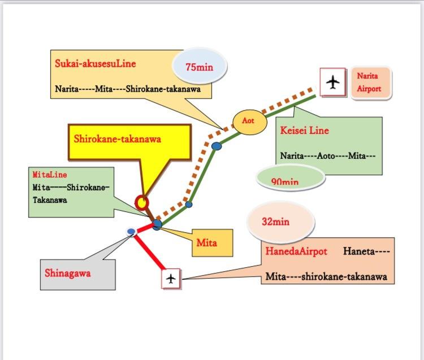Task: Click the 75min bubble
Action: [x=199, y=67]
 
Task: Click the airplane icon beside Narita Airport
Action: [x=334, y=83]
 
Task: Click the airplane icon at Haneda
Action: [x=171, y=278]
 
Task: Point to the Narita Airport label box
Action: [x=369, y=83]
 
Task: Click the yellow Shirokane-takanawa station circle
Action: [x=141, y=202]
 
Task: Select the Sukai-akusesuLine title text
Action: [x=95, y=63]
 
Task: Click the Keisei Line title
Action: [x=304, y=131]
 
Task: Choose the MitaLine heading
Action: [x=49, y=175]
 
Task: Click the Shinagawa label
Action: [x=67, y=273]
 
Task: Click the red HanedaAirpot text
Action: [x=296, y=251]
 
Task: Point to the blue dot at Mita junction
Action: [x=157, y=224]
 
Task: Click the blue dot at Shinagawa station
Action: [x=131, y=231]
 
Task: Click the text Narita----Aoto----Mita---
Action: [x=328, y=155]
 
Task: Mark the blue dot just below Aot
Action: [x=217, y=146]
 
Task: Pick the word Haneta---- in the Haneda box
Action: [x=366, y=251]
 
